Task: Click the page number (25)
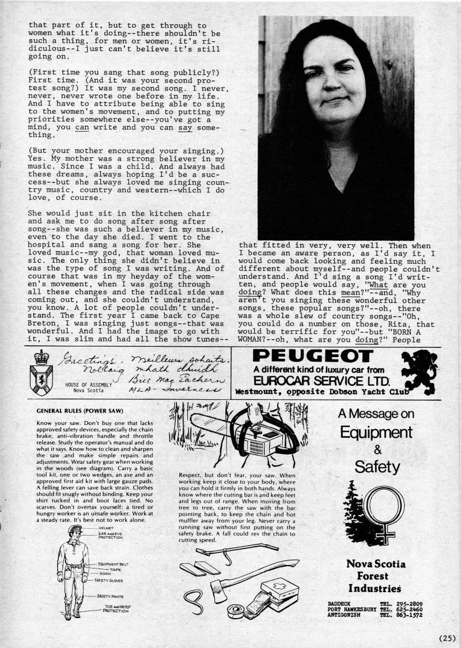click(x=447, y=638)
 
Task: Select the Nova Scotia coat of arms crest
click(x=41, y=369)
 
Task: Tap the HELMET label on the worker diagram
click(x=107, y=527)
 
